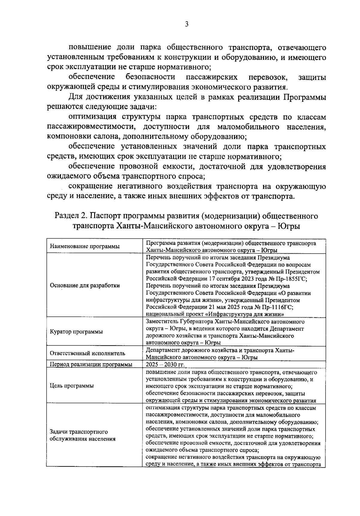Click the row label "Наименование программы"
click(x=85, y=246)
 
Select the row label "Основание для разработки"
click(x=85, y=285)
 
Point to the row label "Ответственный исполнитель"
click(x=87, y=353)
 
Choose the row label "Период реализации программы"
click(x=91, y=365)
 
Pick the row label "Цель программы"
click(x=72, y=386)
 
